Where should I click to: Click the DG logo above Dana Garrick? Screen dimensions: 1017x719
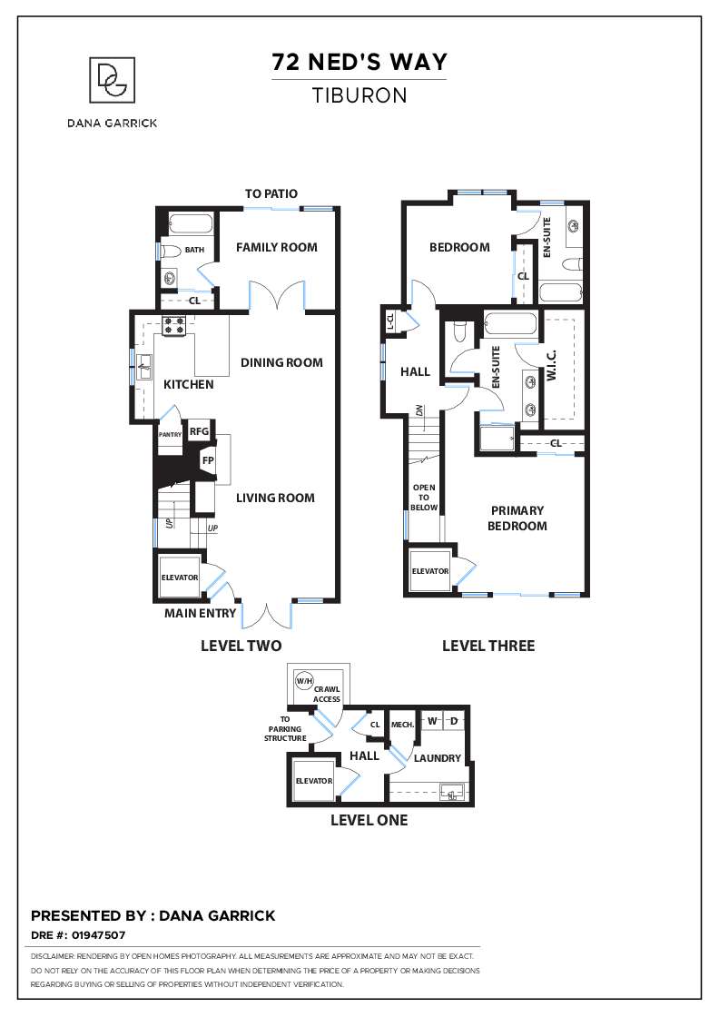(113, 80)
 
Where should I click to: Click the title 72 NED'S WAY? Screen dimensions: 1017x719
(359, 63)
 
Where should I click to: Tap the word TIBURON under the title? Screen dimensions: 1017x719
(359, 94)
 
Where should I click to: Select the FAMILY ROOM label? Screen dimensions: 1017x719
(277, 247)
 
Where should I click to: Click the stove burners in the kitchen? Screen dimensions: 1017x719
(173, 323)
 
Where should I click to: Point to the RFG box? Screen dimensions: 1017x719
(199, 432)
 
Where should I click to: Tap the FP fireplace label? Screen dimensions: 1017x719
(208, 460)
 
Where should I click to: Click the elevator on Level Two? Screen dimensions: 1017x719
(180, 578)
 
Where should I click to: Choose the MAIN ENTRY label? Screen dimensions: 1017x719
(200, 614)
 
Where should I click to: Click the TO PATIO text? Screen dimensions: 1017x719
(271, 194)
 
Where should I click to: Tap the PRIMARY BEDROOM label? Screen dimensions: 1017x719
(517, 518)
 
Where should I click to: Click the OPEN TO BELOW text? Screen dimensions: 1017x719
(424, 498)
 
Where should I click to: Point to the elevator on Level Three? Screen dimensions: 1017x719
(430, 571)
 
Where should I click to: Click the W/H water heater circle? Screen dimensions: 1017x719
(302, 681)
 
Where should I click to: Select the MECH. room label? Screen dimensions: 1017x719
(402, 725)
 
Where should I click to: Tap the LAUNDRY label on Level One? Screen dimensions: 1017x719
(438, 758)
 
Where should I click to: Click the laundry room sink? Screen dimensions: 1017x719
(452, 793)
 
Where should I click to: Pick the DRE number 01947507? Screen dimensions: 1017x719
(98, 934)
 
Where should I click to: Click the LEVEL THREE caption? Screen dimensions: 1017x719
(488, 647)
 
